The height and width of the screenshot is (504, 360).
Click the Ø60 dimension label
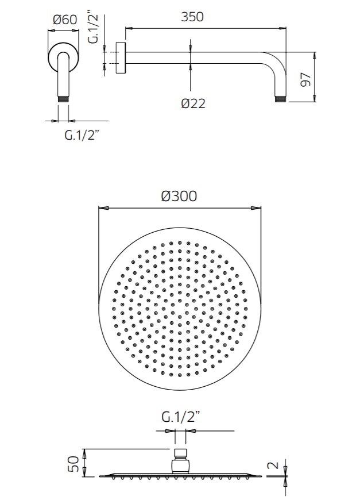(65, 20)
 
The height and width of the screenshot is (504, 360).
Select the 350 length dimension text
(192, 17)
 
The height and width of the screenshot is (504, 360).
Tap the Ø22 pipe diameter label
(193, 103)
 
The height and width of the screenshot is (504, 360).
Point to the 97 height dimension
(306, 79)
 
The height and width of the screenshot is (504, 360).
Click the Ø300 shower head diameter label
(179, 196)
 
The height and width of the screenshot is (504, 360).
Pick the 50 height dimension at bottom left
(73, 464)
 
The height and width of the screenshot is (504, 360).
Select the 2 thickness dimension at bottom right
(273, 465)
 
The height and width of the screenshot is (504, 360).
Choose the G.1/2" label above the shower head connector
(180, 417)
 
